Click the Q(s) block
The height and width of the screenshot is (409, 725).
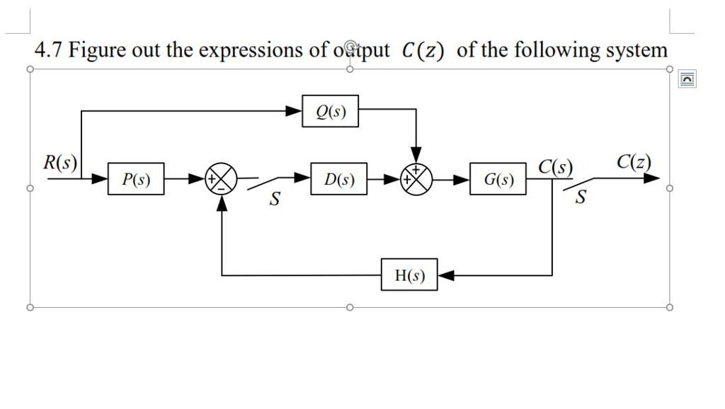pos(330,111)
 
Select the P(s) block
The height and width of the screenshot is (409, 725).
pos(136,179)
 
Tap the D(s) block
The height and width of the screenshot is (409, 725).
pos(338,179)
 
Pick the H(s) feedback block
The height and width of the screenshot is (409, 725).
pos(409,275)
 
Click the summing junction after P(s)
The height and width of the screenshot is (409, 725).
pos(222,180)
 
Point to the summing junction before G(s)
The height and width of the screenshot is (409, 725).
pos(417,180)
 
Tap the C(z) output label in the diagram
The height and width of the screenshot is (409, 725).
pos(633,161)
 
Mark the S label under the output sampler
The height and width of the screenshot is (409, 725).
pos(581,199)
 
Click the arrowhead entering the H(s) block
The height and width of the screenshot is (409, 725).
pos(445,275)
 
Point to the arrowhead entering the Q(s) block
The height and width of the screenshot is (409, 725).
pos(294,111)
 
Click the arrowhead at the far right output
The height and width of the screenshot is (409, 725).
pos(653,179)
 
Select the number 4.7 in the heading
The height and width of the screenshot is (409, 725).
pos(48,50)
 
